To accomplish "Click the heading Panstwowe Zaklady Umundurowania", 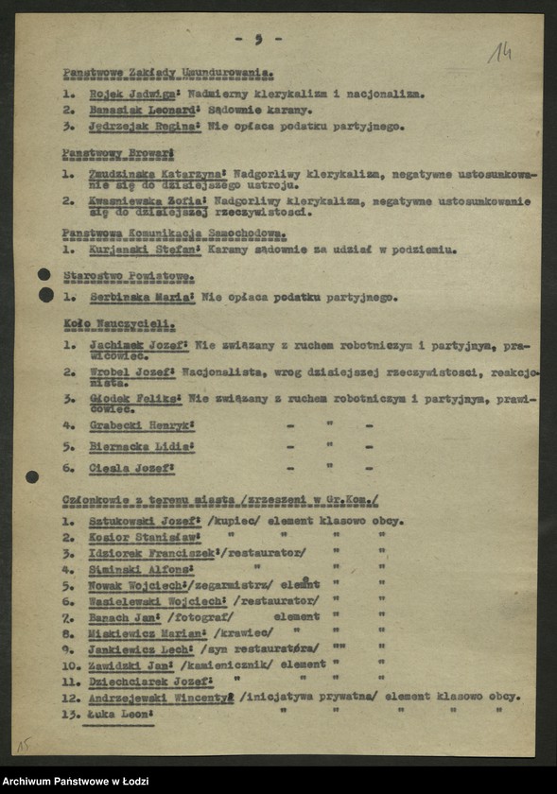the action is [167, 73].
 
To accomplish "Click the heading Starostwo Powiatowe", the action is [129, 276].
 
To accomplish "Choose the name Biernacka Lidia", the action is [141, 446].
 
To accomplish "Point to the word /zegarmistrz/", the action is [238, 585].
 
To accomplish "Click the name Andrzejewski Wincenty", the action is [161, 697].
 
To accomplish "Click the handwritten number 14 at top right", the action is [499, 53].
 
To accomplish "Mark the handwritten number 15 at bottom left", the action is [22, 745].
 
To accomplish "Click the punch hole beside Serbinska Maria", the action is [45, 295].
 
